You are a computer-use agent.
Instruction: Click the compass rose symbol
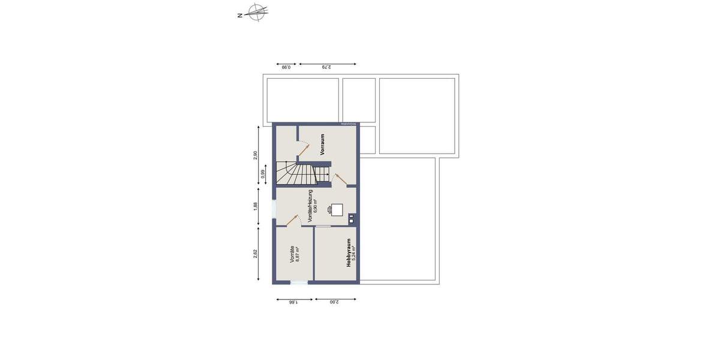(258, 12)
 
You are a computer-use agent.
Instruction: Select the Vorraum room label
(322, 145)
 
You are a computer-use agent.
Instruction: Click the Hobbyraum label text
(348, 252)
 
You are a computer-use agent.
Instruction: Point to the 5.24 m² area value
(355, 252)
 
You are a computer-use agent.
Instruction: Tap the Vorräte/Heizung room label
(310, 206)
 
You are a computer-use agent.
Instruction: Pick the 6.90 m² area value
(316, 206)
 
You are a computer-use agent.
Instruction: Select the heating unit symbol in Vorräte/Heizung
(337, 209)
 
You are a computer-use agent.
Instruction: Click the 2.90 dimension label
(255, 155)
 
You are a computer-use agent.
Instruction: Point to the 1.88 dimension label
(255, 206)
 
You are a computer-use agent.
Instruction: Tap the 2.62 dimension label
(255, 254)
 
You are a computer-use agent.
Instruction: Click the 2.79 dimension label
(327, 68)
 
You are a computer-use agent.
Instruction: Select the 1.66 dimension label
(293, 303)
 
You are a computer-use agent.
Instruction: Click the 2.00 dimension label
(334, 303)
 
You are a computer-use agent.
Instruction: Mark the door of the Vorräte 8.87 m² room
(293, 220)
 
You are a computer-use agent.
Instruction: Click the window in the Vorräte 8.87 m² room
(298, 282)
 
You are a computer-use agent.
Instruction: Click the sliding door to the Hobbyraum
(323, 226)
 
